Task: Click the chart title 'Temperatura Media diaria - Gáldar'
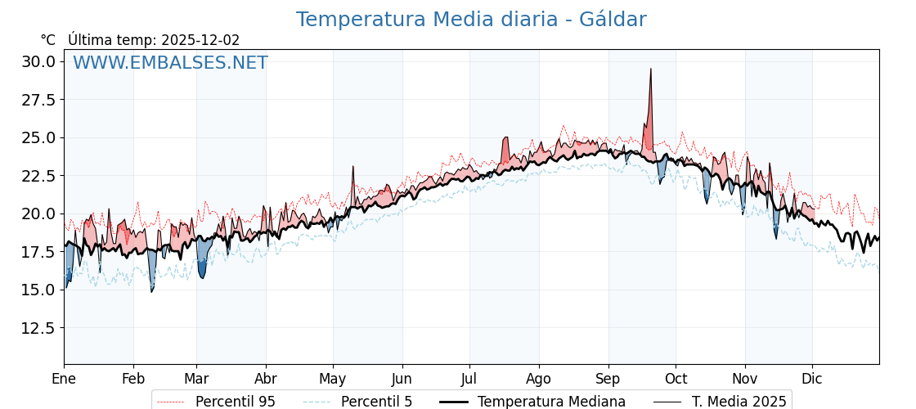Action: (470, 20)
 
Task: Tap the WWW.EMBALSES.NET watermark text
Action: (170, 63)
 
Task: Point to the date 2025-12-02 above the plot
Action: (200, 40)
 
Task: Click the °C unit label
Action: (47, 40)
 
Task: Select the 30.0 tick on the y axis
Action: (38, 61)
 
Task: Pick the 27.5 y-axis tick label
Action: (38, 100)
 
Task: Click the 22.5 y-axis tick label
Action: (38, 176)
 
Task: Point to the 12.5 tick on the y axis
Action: (38, 328)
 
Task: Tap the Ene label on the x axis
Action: (64, 380)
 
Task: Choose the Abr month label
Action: (266, 380)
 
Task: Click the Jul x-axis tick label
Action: (469, 380)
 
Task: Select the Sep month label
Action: (608, 380)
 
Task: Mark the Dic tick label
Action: (812, 380)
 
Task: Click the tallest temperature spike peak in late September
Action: (651, 69)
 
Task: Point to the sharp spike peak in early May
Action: (353, 167)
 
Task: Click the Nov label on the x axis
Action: (744, 380)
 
